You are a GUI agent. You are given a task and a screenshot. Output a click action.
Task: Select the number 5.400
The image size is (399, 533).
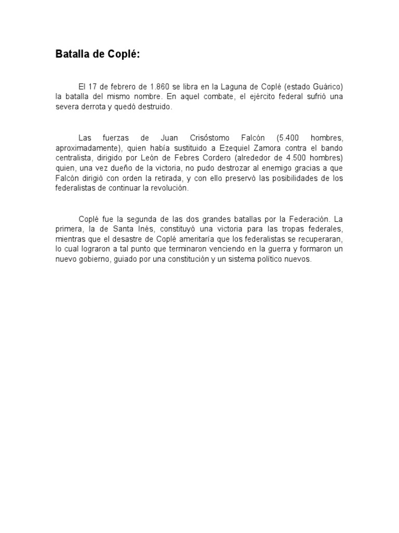tap(288, 138)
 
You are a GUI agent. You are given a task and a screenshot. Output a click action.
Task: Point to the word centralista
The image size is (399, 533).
tap(77, 158)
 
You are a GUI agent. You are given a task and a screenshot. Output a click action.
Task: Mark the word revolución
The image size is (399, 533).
tap(172, 188)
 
